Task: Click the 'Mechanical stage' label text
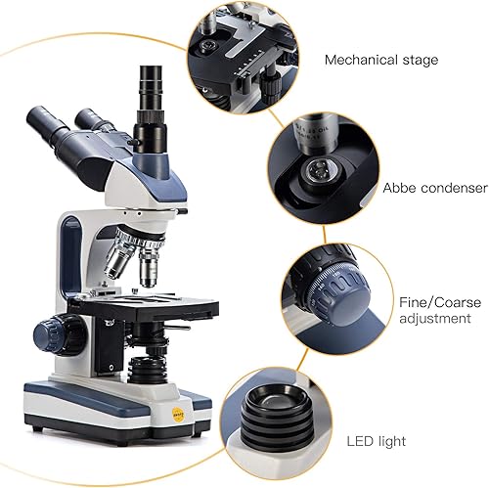pos(381,60)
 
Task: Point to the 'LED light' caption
pos(377,442)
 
